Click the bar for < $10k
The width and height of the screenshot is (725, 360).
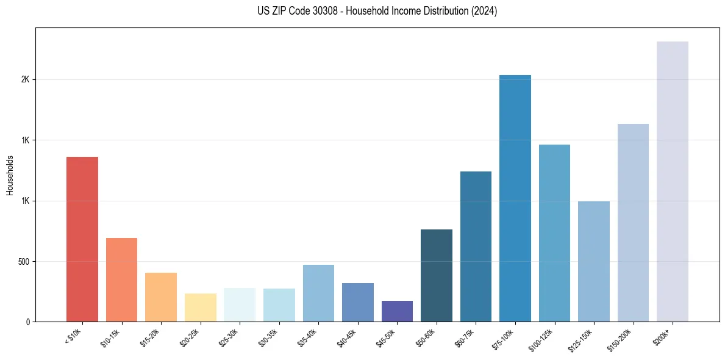[x=82, y=239]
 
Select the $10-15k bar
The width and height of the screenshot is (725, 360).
[x=121, y=279]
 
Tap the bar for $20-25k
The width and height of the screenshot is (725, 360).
[x=200, y=308]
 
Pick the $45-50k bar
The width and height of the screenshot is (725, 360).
[x=397, y=311]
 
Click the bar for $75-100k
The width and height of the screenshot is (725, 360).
[x=515, y=198]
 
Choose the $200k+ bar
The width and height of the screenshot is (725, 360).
[x=673, y=181]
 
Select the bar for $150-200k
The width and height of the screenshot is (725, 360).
[x=633, y=223]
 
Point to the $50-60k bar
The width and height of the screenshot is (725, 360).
[x=437, y=275]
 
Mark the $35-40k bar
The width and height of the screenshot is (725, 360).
[x=318, y=293]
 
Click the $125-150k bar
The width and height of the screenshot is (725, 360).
[x=594, y=261]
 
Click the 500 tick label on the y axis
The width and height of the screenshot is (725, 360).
[x=23, y=261]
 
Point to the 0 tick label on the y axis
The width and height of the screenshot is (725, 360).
[x=28, y=322]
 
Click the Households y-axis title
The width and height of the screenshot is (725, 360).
[x=10, y=175]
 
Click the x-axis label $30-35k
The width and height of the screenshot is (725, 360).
[x=270, y=337]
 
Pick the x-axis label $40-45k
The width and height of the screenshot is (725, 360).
[x=348, y=337]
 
